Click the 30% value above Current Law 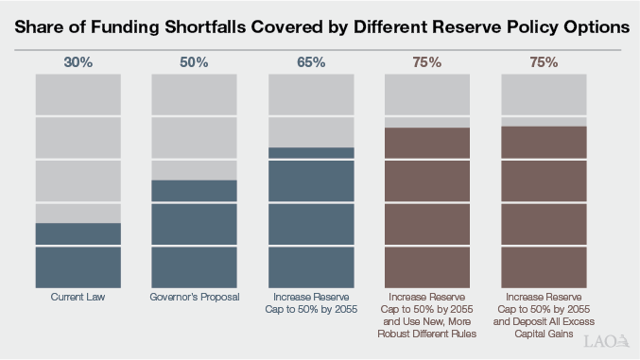click(x=78, y=63)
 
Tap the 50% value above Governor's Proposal click(x=195, y=63)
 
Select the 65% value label click(x=311, y=63)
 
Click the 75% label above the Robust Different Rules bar click(x=427, y=63)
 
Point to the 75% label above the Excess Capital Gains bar click(x=544, y=63)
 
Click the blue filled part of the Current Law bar click(x=78, y=256)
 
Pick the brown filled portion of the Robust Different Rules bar click(x=427, y=208)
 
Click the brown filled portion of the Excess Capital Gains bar click(x=544, y=207)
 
